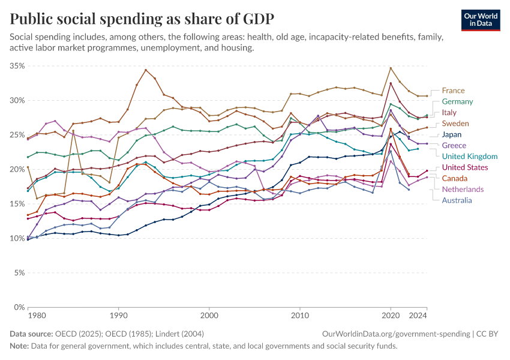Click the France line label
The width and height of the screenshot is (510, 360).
coord(453,91)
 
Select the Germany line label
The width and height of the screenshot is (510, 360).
coord(457,101)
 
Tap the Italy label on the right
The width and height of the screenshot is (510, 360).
coord(449,112)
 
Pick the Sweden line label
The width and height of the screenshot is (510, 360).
coord(455,123)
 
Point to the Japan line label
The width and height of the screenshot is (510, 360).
coord(452,134)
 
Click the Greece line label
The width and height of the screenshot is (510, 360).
coord(454,145)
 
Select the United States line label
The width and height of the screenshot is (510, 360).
coord(465,167)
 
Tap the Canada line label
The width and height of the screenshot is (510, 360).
coord(455,178)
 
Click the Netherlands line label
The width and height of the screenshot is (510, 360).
coord(463,189)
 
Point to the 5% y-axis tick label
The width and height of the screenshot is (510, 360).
coord(18,272)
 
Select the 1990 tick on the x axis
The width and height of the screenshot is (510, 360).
coord(118,314)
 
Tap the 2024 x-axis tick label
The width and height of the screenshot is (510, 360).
coord(417,314)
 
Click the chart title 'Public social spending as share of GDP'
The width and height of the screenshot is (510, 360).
coord(142,19)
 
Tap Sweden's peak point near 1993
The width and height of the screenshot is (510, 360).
coord(146,70)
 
